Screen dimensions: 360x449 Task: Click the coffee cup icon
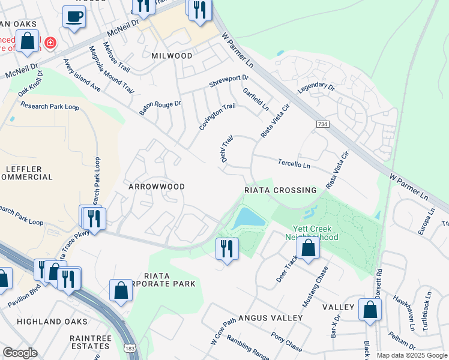pos(74,17)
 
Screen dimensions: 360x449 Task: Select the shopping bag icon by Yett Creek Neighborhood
pos(308,249)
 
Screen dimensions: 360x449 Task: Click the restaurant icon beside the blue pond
pos(226,248)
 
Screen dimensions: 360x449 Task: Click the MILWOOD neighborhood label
pos(172,56)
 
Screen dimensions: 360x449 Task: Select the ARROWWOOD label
pos(157,187)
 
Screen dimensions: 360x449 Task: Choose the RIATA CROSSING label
pos(280,190)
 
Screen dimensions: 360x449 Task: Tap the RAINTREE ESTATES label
pos(90,343)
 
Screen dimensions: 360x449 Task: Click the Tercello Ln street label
pos(294,164)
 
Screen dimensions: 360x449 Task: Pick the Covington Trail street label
pos(217,116)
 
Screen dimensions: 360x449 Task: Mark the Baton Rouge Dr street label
pos(160,107)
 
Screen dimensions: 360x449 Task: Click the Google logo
pos(20,353)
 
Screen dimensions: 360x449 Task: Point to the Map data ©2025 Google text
pos(411,355)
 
